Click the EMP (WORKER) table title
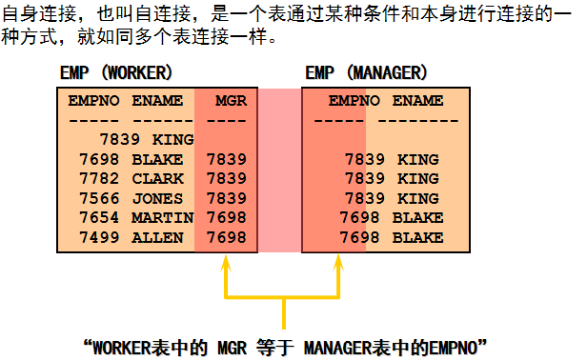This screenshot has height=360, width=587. click(116, 72)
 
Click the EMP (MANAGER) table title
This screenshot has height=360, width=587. click(366, 72)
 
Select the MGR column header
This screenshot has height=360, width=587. click(231, 101)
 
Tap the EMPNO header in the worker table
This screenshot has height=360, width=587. click(93, 101)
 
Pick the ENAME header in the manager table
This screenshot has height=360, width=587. click(417, 101)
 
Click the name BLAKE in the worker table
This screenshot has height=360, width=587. click(157, 160)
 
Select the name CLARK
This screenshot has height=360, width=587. click(157, 179)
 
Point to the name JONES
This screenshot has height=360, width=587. click(157, 199)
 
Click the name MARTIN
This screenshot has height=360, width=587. click(162, 218)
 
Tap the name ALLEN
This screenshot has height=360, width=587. click(157, 238)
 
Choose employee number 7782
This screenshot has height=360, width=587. click(99, 179)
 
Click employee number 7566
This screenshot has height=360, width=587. click(99, 199)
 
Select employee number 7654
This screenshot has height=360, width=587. click(99, 218)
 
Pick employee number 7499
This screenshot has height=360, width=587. click(99, 238)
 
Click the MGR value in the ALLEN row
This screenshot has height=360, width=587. click(227, 238)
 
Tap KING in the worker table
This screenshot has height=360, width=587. click(173, 140)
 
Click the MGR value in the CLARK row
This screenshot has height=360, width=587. click(227, 179)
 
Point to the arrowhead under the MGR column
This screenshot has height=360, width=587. click(225, 263)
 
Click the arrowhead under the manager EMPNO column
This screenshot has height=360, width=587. click(338, 263)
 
